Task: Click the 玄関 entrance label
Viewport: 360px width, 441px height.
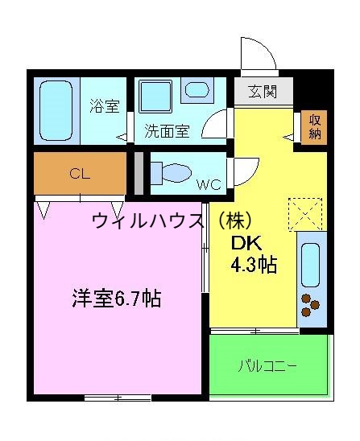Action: point(263,92)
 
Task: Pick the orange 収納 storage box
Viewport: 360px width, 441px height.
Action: point(314,126)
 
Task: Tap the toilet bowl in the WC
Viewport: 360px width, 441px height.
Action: point(172,173)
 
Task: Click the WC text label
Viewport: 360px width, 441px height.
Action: point(209,183)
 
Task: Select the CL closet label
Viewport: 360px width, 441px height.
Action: point(79,172)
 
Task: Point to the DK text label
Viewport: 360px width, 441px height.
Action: point(244,244)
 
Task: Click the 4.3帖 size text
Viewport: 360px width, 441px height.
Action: point(254,265)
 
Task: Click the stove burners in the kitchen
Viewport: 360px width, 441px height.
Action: point(310,306)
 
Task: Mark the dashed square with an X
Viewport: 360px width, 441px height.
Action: point(304,214)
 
